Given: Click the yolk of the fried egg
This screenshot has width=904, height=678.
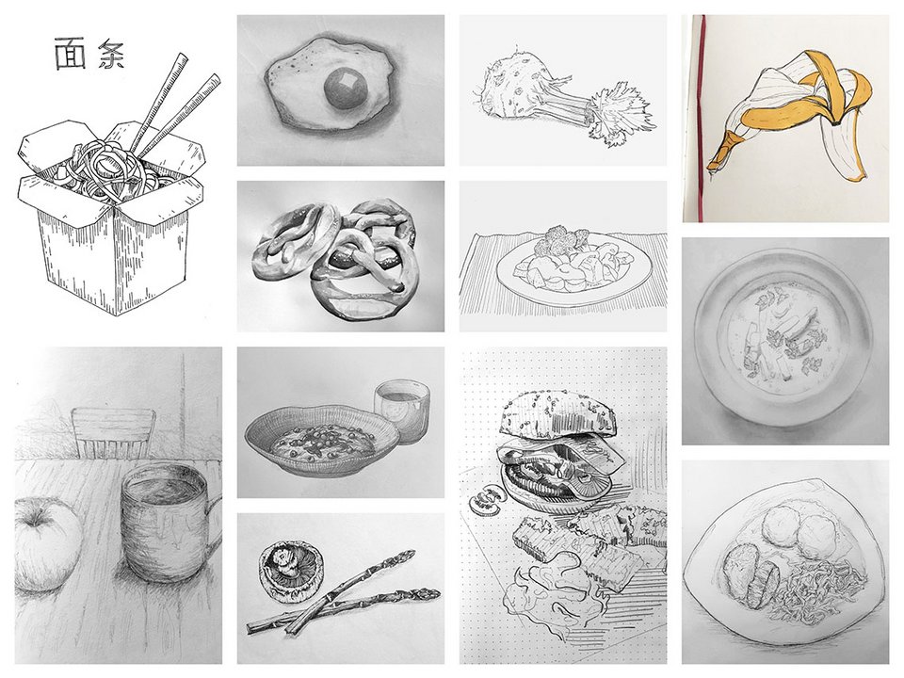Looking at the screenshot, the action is (x=346, y=89).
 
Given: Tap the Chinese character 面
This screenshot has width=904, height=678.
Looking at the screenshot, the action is (x=70, y=55).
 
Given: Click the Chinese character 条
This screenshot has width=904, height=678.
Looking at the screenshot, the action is (x=111, y=55).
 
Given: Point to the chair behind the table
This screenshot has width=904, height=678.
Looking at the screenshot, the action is (x=113, y=433).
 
